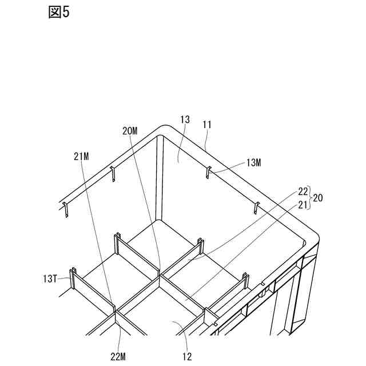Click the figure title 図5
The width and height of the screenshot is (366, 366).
pos(58,13)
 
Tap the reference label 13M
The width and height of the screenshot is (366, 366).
pos(253,163)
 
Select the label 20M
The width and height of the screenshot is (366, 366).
pos(130,130)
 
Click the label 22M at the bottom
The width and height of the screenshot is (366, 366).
pos(118,357)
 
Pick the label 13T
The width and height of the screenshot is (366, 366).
pos(50,279)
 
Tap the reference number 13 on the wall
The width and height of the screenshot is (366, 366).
pos(185,120)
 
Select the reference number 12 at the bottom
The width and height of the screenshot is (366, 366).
pos(187,357)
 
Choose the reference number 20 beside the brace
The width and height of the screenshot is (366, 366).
pos(318,198)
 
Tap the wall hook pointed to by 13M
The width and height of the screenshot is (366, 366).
pos(209,171)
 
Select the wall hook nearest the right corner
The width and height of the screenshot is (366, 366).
pos(255,207)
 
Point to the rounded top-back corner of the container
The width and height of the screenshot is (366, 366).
pos(162,129)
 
